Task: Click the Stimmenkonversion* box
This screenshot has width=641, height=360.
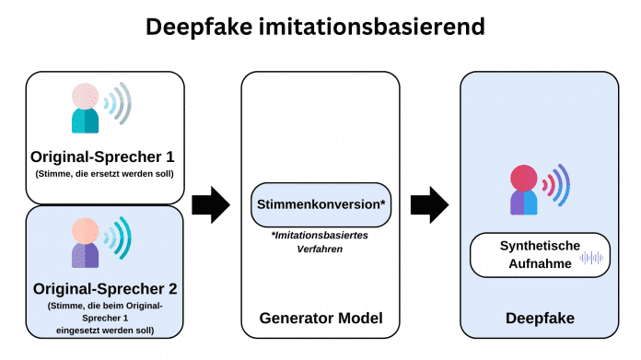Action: tap(320, 204)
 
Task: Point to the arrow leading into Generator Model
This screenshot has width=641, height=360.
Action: tap(211, 204)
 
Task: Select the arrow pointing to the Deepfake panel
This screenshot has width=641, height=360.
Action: tap(429, 204)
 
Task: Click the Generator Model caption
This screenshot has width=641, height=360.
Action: tap(320, 319)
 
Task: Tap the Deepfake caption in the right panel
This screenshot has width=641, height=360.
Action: tap(541, 319)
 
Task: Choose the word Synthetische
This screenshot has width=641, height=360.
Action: tap(541, 246)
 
